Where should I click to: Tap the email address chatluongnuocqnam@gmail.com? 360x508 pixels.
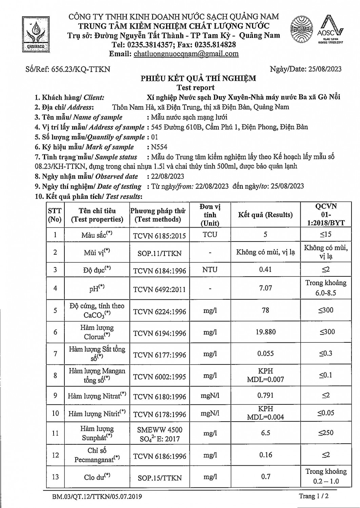(x=186, y=54)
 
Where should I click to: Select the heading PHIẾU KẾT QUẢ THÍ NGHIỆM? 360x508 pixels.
(x=198, y=79)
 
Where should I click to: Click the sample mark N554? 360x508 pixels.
(x=159, y=147)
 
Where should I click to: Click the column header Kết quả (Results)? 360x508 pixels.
(x=265, y=215)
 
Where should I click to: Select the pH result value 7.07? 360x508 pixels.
(x=265, y=288)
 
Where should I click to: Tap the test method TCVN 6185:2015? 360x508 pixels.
(x=159, y=236)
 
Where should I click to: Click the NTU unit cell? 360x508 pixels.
(x=210, y=270)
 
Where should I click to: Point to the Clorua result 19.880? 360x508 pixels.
(x=265, y=332)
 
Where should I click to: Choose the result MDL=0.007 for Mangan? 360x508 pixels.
(x=265, y=380)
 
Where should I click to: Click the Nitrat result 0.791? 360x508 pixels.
(x=265, y=395)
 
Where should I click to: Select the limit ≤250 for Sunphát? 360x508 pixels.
(x=325, y=433)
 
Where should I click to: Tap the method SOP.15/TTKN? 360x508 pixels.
(x=159, y=478)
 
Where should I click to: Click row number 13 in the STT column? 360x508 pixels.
(x=55, y=477)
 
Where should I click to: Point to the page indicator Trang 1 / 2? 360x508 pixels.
(x=314, y=496)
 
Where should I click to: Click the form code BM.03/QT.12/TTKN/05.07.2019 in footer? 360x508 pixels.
(x=97, y=497)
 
